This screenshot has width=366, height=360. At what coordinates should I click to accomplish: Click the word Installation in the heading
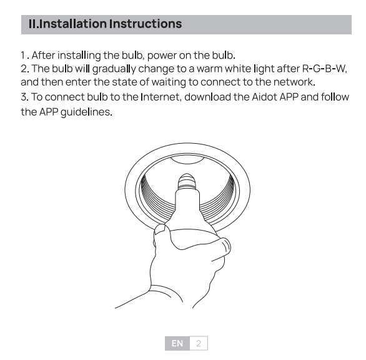click(x=73, y=24)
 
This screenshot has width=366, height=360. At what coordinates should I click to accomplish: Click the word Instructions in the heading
click(x=146, y=24)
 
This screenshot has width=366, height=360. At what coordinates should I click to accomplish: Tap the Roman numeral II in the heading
click(x=32, y=24)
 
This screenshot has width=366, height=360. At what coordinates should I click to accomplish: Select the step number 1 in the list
click(x=23, y=56)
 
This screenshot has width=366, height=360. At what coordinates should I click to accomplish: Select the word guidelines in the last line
click(x=86, y=112)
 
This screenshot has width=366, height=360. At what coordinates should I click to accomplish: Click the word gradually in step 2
click(x=114, y=69)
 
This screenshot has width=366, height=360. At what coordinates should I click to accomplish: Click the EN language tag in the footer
click(x=177, y=343)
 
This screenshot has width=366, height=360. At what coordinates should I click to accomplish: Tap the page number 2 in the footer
click(x=199, y=343)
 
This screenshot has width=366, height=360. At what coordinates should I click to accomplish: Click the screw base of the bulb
click(x=187, y=181)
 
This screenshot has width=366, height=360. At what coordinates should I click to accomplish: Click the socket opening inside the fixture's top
click(x=187, y=159)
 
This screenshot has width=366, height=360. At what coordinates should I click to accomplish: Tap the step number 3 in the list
click(x=24, y=97)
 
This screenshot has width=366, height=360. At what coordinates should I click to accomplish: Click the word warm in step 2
click(x=209, y=69)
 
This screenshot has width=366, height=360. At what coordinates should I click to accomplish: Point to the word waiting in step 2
click(x=169, y=82)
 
